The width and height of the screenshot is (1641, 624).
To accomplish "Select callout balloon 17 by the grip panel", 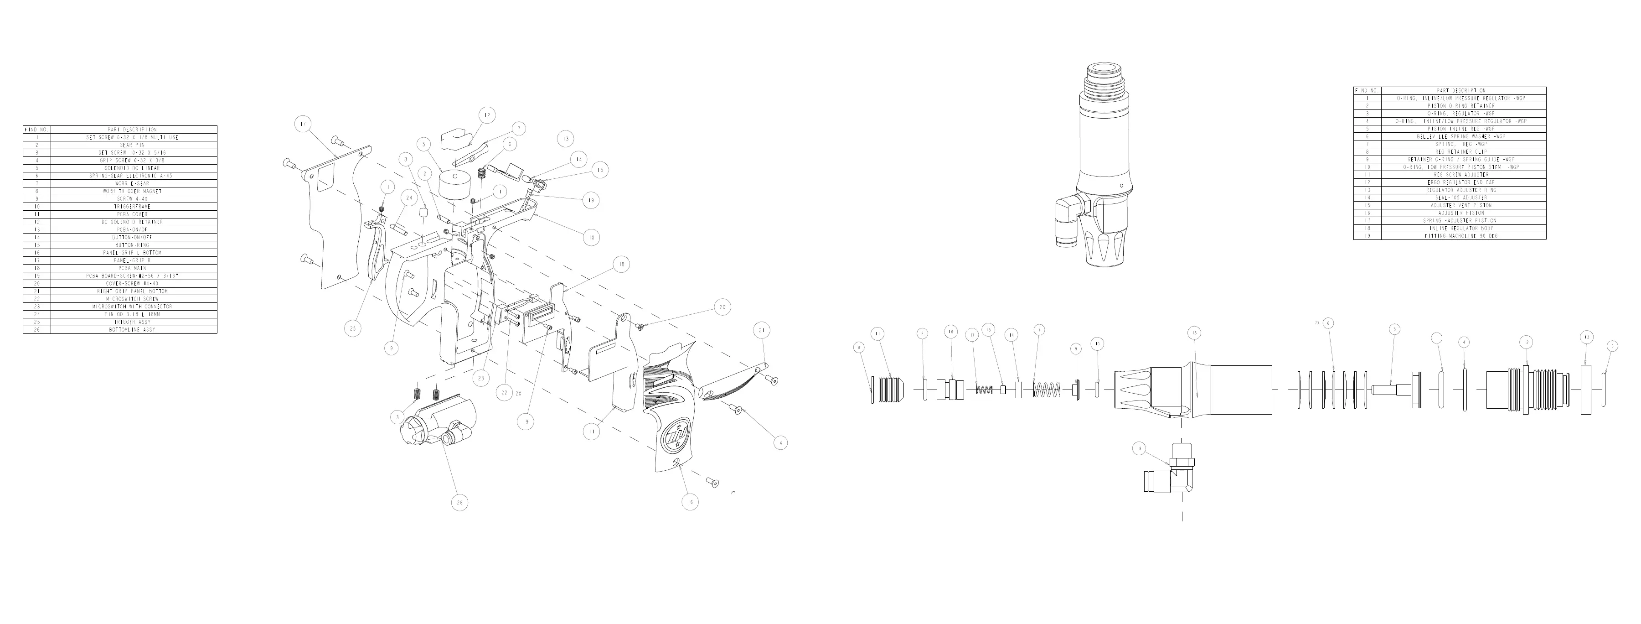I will click(x=303, y=124).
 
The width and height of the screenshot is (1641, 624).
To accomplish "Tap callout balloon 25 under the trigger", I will click(x=352, y=329).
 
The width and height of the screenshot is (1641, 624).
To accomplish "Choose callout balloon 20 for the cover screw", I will click(x=722, y=307).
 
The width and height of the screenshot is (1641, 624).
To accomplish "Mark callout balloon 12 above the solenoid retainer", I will click(x=487, y=115).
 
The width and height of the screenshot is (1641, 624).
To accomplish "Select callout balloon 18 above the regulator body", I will click(x=1194, y=333).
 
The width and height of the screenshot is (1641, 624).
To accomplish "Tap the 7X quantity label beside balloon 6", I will click(x=1317, y=323).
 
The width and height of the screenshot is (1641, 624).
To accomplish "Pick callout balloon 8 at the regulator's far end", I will click(x=859, y=348).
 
